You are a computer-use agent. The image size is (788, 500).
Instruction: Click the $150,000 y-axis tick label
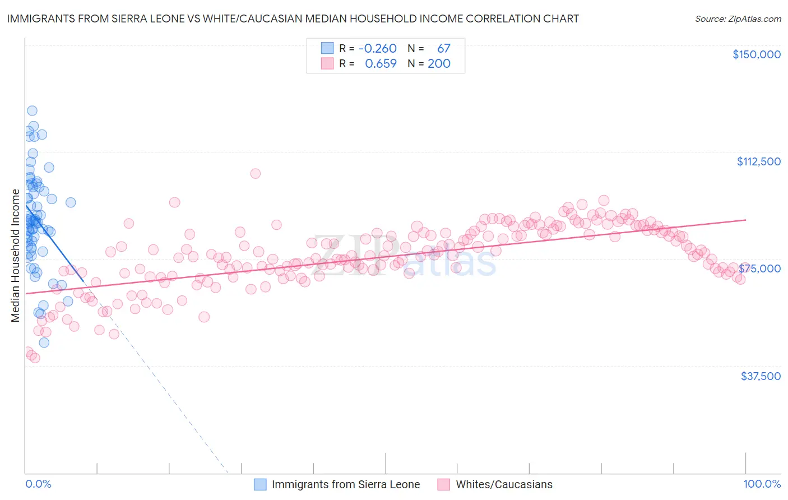756,54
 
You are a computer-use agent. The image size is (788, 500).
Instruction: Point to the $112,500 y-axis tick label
758,161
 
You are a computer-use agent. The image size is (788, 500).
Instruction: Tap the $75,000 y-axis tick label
760,268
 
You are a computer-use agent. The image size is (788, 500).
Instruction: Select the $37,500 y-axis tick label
761,376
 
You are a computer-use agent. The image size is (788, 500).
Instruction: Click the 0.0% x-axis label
38,484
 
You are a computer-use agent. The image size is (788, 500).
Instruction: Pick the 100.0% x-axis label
762,484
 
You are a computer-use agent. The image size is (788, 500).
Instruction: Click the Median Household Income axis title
16,256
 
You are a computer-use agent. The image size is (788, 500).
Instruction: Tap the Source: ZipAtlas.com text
738,19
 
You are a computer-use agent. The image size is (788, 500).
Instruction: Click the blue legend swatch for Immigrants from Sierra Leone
260,484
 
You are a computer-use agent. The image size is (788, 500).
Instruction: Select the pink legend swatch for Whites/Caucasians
444,484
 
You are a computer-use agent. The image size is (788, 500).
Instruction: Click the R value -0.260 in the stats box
377,49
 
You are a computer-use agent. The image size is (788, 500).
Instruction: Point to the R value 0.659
381,64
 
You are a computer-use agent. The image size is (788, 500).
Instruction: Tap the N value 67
443,49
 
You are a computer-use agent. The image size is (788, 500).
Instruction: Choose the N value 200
439,64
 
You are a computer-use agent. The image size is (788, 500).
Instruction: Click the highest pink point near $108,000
256,173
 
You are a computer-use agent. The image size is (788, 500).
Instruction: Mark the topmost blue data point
32,111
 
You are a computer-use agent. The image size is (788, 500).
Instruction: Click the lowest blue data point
44,342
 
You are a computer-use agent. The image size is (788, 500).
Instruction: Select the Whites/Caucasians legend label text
504,484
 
